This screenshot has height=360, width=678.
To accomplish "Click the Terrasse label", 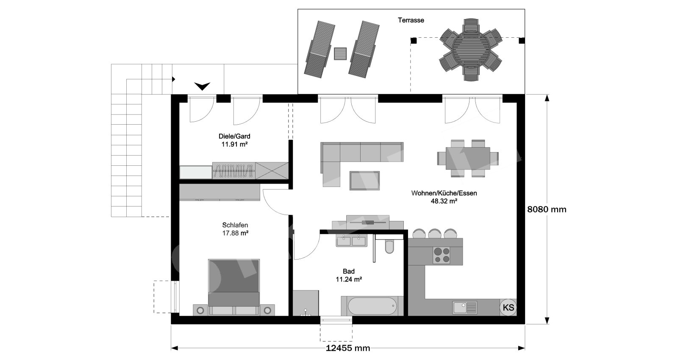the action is click(x=411, y=20).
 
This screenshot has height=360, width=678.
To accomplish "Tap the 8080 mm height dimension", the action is click(x=547, y=209).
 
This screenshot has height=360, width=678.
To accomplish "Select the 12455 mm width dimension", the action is click(x=348, y=348).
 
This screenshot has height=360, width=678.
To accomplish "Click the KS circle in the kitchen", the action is click(x=508, y=307).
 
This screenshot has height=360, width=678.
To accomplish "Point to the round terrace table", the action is click(x=471, y=50).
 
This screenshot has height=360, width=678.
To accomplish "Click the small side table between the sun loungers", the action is click(x=340, y=53).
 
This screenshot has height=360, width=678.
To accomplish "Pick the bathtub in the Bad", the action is click(x=372, y=306).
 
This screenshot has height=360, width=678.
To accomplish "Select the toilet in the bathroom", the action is click(x=389, y=246).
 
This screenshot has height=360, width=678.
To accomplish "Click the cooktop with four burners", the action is click(x=441, y=255).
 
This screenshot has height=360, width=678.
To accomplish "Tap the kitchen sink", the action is click(x=464, y=307).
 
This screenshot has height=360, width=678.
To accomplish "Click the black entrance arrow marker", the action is click(x=202, y=87).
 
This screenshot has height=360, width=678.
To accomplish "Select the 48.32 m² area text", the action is click(x=444, y=201).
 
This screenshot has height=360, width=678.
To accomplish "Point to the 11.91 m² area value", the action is click(x=234, y=145).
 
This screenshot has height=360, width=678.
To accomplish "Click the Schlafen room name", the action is click(x=235, y=225).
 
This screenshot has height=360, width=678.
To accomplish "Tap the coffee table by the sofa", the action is click(x=364, y=181).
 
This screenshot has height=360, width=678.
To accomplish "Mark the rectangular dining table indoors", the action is click(x=468, y=158).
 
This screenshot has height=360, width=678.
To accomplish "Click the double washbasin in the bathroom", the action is click(x=351, y=241).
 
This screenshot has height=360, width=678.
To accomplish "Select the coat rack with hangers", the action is click(x=233, y=171).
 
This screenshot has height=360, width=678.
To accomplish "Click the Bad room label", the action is click(x=349, y=271).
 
